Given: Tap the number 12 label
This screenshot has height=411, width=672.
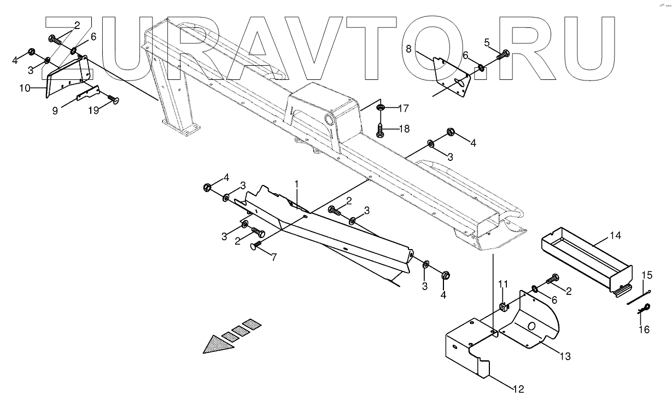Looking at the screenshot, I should (518, 390).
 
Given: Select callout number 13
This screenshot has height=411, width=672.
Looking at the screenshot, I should (564, 356).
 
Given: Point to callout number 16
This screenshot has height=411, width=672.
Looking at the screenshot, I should (644, 329).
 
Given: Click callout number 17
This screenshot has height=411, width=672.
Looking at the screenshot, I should (403, 108).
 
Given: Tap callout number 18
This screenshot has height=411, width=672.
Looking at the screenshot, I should (403, 130).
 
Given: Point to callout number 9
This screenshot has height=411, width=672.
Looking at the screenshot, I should (55, 110).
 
